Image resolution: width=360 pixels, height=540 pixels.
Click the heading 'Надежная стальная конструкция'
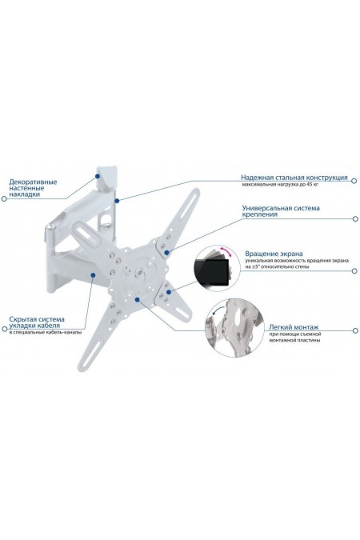(x=294, y=178)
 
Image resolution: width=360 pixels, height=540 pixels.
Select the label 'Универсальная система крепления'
(x=281, y=211)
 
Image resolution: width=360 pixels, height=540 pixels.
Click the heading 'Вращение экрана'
(x=270, y=254)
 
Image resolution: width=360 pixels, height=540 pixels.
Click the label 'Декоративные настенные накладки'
(x=33, y=188)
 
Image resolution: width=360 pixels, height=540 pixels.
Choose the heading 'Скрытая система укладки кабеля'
(x=37, y=322)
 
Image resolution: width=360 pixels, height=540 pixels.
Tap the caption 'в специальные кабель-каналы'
(x=45, y=333)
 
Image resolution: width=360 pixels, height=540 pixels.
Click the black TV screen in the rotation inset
(x=211, y=272)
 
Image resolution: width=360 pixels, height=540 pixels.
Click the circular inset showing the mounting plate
(x=234, y=327)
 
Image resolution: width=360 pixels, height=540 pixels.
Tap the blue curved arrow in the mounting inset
(x=217, y=311)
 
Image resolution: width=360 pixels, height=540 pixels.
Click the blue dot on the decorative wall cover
(x=98, y=176)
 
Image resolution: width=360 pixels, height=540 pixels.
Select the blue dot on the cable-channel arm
(x=93, y=274)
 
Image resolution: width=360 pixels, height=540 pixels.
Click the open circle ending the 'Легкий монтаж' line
(x=355, y=330)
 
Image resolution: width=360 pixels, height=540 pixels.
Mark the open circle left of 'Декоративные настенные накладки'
(x=4, y=198)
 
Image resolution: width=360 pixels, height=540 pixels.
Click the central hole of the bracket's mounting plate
(x=139, y=273)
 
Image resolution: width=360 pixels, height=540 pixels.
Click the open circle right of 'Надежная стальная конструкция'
(x=354, y=180)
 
